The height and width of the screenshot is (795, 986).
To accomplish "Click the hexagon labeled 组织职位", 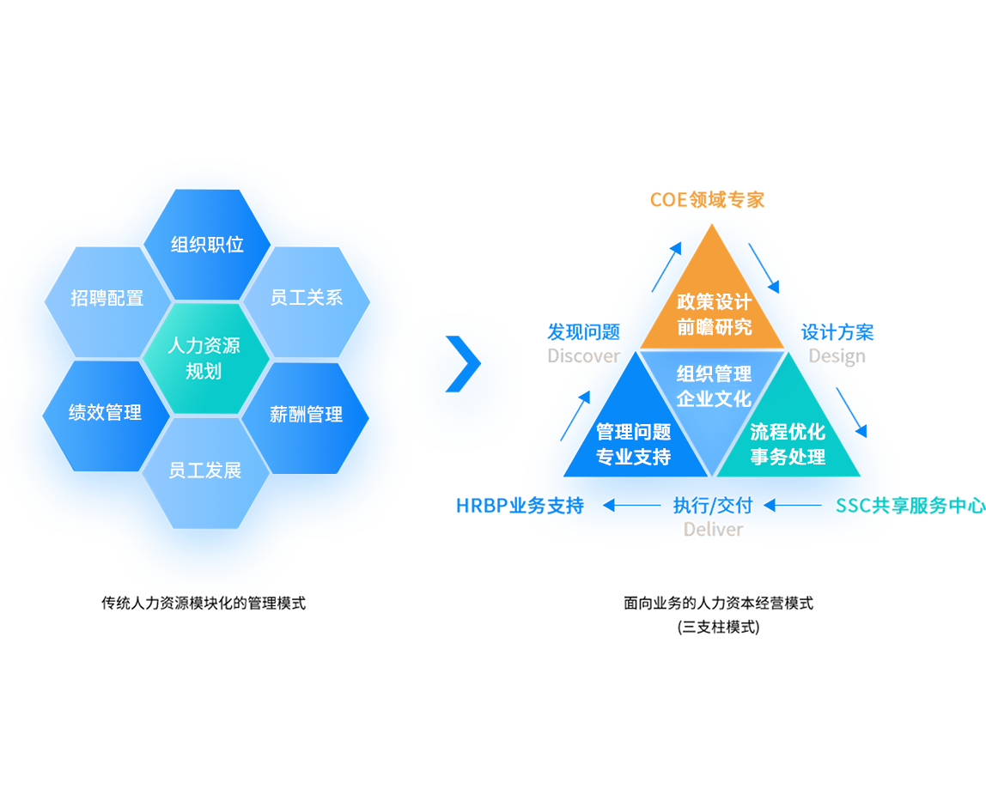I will click(x=207, y=245).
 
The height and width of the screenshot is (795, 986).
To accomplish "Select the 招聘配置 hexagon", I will click(x=107, y=299).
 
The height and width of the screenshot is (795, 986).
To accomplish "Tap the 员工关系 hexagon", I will click(x=307, y=298).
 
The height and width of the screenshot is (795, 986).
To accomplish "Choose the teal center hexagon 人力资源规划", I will click(x=204, y=359).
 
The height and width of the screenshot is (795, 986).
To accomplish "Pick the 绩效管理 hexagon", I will click(x=106, y=413).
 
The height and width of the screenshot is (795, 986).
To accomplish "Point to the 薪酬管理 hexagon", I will click(x=306, y=415).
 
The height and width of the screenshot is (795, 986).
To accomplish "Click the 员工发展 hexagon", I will click(x=205, y=470).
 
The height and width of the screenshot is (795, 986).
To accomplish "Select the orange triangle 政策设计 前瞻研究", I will click(x=713, y=305).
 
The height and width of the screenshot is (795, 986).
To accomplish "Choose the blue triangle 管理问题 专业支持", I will click(x=636, y=438).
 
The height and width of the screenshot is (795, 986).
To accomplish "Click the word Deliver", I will click(x=713, y=530).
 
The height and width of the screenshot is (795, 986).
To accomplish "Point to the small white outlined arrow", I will click(x=767, y=274).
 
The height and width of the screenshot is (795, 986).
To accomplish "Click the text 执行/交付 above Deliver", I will click(x=713, y=506).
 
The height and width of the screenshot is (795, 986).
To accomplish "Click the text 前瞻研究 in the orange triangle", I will click(x=714, y=327).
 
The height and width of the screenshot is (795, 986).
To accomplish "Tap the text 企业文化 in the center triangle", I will click(x=714, y=399).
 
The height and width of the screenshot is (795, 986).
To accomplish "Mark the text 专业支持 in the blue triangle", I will click(x=634, y=457).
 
